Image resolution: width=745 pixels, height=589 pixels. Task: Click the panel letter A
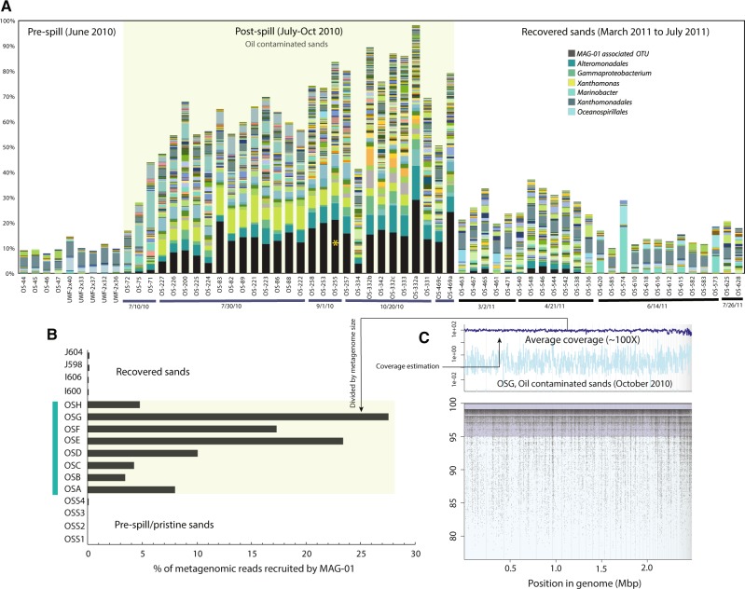pos(7,7)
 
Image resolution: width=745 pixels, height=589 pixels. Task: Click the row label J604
pos(75,355)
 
